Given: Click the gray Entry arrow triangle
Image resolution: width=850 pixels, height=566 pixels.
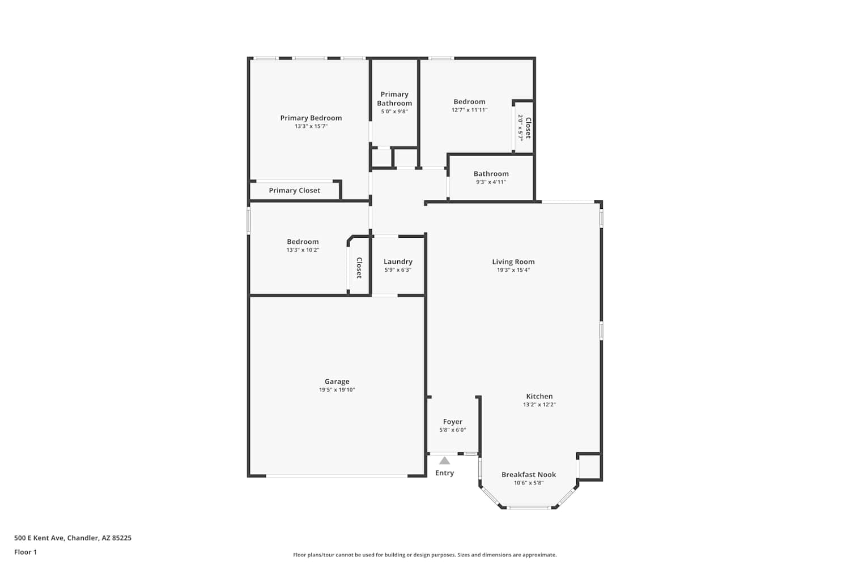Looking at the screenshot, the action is click(x=444, y=461).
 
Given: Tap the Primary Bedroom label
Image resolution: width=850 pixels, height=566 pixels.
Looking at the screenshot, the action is click(x=311, y=118).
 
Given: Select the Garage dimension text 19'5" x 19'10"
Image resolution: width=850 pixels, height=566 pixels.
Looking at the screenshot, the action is click(x=337, y=390).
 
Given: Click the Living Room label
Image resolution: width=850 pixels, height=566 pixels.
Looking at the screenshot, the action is click(x=513, y=261).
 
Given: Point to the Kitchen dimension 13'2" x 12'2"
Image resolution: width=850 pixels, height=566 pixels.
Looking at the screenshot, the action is click(x=539, y=405).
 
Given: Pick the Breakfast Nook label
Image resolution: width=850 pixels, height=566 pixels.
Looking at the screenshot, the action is click(x=529, y=474).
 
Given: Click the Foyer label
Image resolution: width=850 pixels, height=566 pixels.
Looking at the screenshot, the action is click(x=453, y=422).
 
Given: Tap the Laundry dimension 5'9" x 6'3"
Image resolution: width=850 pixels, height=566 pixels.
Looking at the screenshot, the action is click(x=398, y=270).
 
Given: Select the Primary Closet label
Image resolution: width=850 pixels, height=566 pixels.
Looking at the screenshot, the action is click(x=295, y=190).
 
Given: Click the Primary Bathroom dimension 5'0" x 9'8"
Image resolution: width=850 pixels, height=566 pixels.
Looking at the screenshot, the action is click(x=394, y=112).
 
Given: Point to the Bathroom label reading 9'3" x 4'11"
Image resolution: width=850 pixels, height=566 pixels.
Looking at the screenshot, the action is click(x=491, y=182).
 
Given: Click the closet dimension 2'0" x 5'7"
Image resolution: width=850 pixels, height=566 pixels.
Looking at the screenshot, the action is click(x=521, y=128).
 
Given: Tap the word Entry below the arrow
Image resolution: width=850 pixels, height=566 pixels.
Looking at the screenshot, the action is click(x=444, y=473).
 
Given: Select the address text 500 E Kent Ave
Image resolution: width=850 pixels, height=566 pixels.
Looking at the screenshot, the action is click(x=39, y=538).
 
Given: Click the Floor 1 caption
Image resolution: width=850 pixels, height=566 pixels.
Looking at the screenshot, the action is click(x=25, y=552).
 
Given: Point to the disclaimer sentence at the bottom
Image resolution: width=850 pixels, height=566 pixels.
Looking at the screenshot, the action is click(x=424, y=555).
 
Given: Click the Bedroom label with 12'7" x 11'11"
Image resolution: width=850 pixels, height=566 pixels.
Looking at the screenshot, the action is click(x=469, y=102).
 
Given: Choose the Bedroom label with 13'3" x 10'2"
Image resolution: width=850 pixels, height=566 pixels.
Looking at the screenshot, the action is click(x=303, y=242).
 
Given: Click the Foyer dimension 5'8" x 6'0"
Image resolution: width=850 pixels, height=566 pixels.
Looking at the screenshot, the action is click(x=453, y=430).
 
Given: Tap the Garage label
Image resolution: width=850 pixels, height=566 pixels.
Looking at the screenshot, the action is click(x=337, y=381).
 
